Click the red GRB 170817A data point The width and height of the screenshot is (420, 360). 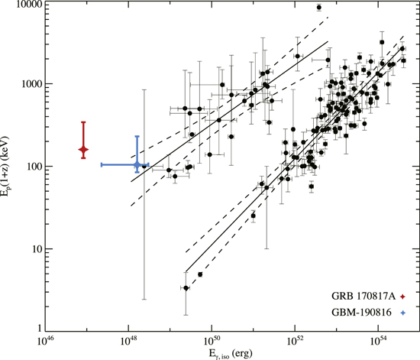click(x=83, y=150)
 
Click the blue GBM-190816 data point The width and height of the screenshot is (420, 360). click(x=137, y=164)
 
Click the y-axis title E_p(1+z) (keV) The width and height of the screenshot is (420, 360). click(x=7, y=167)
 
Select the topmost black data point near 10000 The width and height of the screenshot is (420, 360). click(x=318, y=8)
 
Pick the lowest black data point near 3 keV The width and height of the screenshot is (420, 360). click(x=186, y=288)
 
